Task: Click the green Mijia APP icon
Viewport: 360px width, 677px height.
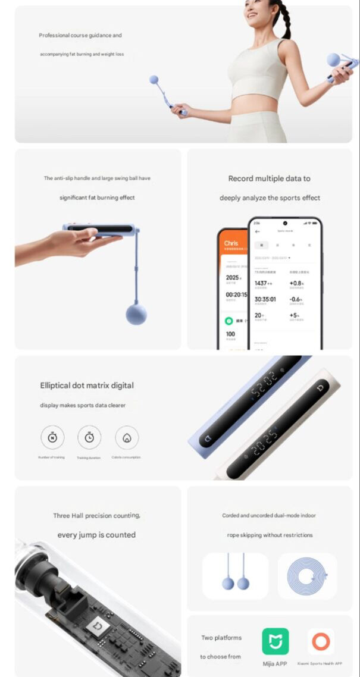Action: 276,641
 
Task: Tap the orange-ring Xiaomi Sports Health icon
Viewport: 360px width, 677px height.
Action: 321,641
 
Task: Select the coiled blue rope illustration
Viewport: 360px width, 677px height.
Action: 307,575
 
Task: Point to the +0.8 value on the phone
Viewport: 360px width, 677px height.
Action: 296,283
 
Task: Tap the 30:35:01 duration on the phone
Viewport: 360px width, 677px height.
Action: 267,299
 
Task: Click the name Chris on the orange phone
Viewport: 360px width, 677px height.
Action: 231,243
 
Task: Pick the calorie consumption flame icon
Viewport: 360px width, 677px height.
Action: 127,437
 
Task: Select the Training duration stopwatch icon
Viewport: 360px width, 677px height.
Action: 89,437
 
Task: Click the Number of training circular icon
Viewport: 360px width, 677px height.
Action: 52,437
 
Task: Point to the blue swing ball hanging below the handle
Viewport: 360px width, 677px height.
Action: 136,314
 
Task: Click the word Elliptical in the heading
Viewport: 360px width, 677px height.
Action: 55,385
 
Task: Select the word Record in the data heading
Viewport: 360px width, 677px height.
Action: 240,178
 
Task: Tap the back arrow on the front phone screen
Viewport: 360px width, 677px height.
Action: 257,231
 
